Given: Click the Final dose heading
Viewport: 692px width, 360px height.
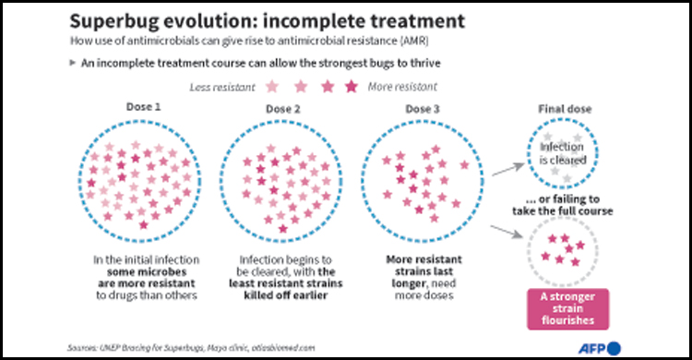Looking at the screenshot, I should pyautogui.click(x=564, y=109).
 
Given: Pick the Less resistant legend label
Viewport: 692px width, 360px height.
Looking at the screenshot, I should pyautogui.click(x=227, y=87).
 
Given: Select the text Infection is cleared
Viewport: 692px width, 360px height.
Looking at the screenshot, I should pyautogui.click(x=563, y=152).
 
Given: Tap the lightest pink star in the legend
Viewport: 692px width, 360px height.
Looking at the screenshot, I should pyautogui.click(x=273, y=87).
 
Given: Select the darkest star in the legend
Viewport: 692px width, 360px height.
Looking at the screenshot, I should pyautogui.click(x=351, y=87).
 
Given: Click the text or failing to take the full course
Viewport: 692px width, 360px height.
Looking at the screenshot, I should pyautogui.click(x=564, y=205).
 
